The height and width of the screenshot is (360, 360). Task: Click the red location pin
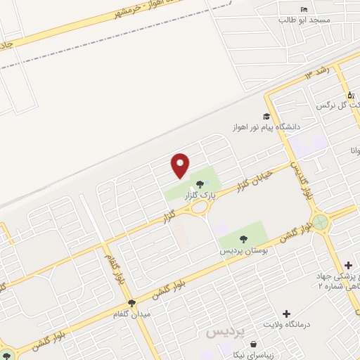tap(181, 165)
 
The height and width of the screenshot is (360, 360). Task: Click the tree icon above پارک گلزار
tap(210, 184)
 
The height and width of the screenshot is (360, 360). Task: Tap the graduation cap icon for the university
tap(266, 117)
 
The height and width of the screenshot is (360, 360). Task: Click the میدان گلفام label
tap(131, 314)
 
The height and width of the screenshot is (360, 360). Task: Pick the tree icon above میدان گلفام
tap(131, 304)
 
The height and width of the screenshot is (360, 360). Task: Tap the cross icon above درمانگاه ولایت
tap(285, 313)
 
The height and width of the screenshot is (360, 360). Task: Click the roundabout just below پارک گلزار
tap(200, 207)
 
